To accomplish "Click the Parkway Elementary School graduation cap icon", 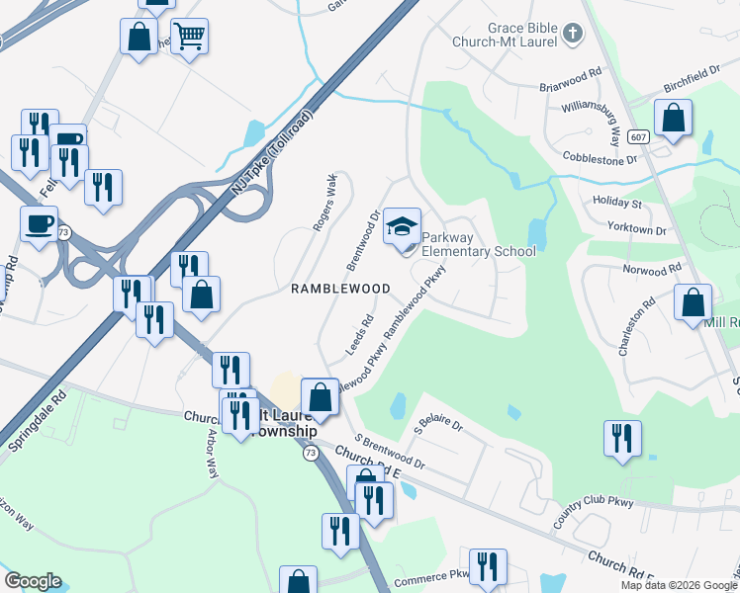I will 402,226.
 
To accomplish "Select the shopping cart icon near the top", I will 189,38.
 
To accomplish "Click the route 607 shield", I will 638,137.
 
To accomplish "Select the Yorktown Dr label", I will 638,229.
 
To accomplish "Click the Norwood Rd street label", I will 652,269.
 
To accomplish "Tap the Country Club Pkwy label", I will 595,506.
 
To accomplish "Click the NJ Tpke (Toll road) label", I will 271,152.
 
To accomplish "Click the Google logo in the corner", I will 33,581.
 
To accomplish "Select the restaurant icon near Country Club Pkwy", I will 622,438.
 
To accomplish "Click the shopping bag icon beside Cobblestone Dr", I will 673,118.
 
